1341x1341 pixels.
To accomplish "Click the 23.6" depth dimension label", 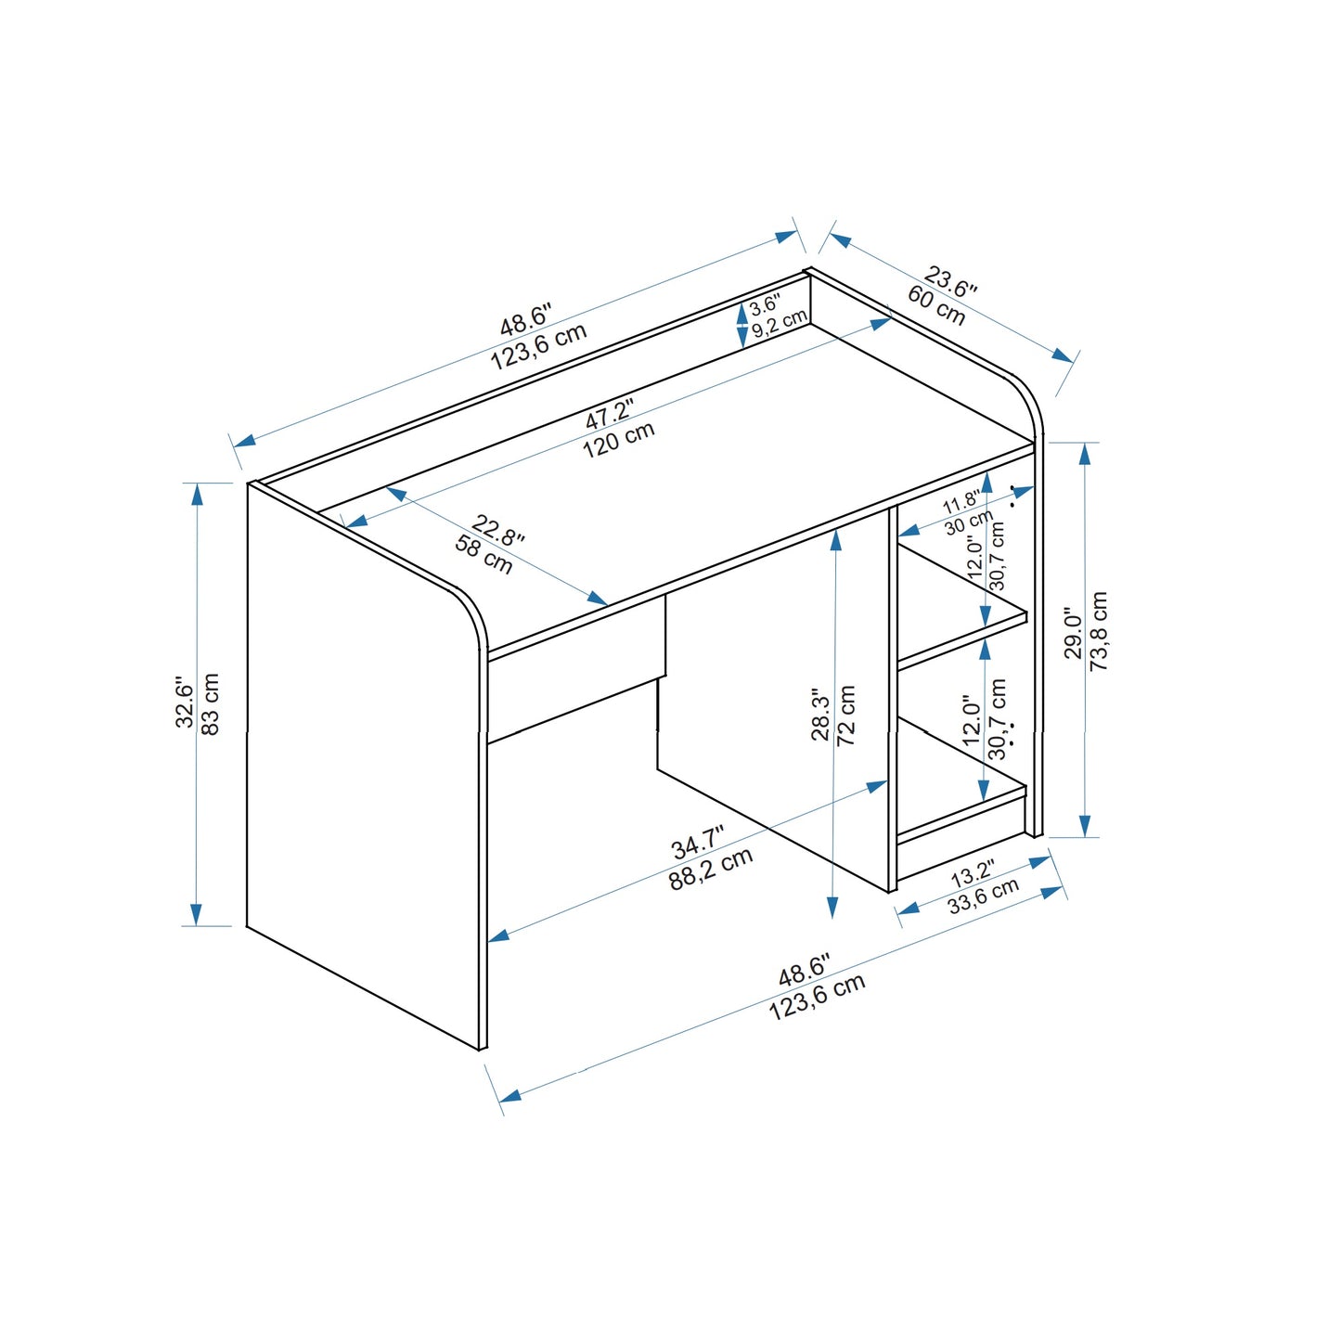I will (x=951, y=282).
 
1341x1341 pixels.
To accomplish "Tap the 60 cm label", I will (x=936, y=305).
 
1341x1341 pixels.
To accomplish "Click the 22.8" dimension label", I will (x=498, y=530).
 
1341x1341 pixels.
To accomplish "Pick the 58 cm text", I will (x=484, y=555).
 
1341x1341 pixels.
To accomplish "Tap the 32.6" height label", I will (x=185, y=703).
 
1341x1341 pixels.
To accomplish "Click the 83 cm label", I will (x=211, y=704).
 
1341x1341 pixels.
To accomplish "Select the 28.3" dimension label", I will (x=820, y=715).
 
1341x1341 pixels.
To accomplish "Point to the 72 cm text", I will (x=846, y=716).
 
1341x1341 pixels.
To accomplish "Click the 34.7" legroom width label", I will (x=697, y=844).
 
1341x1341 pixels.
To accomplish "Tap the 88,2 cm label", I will (x=711, y=870).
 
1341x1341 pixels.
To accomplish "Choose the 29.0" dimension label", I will (x=1074, y=634).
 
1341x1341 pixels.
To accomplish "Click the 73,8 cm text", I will (x=1100, y=631).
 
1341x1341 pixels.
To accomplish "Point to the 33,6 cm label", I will (x=984, y=896).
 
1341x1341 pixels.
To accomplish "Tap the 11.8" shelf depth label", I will (x=961, y=504).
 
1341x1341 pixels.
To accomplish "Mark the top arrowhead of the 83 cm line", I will (x=197, y=493).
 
